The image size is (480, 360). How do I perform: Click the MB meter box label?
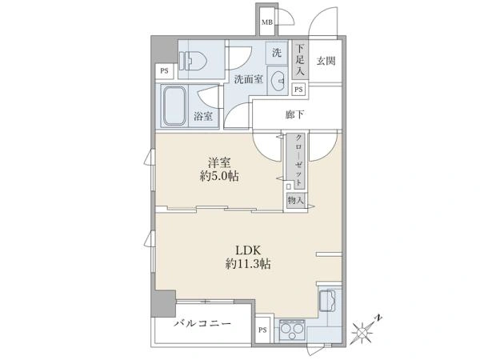(267, 22)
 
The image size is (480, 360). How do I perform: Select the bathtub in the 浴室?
(174, 106)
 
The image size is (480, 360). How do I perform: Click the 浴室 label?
(203, 116)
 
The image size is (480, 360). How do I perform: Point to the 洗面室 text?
(249, 79)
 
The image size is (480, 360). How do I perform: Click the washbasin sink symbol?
(278, 81)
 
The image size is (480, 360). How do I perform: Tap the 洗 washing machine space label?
(277, 53)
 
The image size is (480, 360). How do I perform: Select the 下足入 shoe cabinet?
(300, 61)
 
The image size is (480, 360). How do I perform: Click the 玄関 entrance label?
(326, 61)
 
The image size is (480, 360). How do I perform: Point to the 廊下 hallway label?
(294, 114)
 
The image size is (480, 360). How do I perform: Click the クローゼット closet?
(295, 161)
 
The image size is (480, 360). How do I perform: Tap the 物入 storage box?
(296, 201)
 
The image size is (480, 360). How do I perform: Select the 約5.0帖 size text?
(219, 176)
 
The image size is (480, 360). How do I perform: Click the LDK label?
(248, 250)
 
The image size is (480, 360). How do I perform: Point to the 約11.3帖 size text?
(248, 263)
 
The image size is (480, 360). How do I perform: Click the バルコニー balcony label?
(202, 323)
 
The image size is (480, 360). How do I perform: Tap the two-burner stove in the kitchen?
(292, 330)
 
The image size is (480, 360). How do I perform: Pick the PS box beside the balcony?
(262, 330)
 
